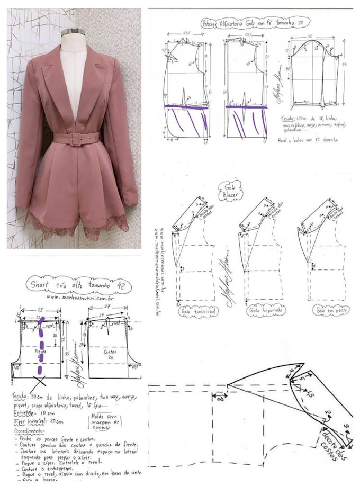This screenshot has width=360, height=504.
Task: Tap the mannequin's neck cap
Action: [73, 32]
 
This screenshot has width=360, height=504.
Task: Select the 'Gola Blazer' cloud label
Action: [229, 190]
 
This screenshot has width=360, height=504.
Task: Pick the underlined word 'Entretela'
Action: [23, 411]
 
